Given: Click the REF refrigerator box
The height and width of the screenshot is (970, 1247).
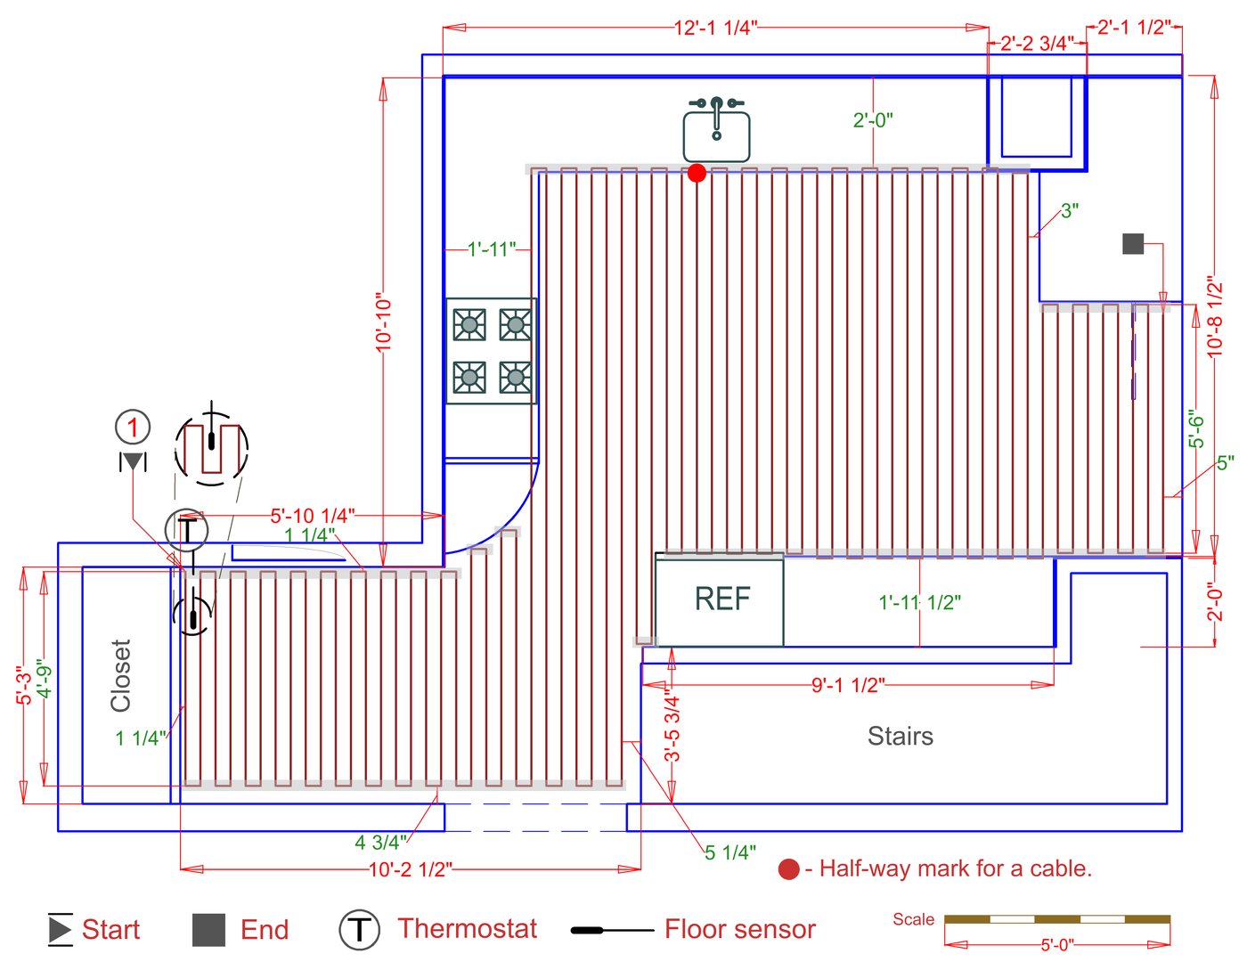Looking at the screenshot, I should tap(720, 599).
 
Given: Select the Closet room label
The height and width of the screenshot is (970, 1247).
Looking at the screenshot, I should tap(121, 675).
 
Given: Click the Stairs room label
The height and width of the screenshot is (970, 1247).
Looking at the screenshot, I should tap(901, 736).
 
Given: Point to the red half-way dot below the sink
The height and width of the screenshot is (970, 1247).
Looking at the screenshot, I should tap(697, 173).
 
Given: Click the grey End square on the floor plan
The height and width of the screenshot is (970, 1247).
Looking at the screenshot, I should tap(1132, 243).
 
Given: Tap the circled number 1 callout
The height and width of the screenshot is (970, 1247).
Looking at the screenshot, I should tap(133, 428).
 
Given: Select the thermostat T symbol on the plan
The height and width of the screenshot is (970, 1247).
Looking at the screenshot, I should tap(186, 529).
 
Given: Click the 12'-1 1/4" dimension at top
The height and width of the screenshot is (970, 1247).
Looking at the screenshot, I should tap(715, 28).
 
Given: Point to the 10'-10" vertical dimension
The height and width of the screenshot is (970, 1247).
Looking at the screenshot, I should tap(384, 322).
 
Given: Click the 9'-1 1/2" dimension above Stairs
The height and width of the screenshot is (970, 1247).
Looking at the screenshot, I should tap(847, 685).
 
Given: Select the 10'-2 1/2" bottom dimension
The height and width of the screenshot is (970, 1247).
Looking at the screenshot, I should tap(411, 868).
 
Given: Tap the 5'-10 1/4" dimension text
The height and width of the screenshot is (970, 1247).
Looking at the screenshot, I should tap(313, 516).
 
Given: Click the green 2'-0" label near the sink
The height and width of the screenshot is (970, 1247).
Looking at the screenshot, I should tap(873, 120).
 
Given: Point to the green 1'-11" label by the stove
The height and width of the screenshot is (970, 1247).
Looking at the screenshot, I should tap(492, 249).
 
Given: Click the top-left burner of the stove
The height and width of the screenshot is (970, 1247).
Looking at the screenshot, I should tap(469, 324).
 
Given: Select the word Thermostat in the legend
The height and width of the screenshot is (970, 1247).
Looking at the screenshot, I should tap(467, 929).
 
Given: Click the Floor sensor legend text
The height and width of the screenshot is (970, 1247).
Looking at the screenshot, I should tap(739, 930).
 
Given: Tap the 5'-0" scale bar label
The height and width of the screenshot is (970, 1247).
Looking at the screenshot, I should tap(1057, 944).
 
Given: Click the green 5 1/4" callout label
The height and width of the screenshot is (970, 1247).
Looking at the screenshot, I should tap(730, 853).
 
